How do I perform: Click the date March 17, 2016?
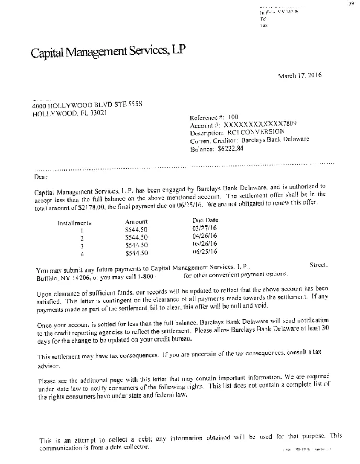(299, 75)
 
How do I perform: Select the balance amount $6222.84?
(232, 149)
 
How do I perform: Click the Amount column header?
(136, 222)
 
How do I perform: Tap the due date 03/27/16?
(205, 229)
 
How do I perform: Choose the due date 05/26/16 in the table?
(205, 244)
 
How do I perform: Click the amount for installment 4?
(137, 253)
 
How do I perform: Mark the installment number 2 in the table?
(82, 238)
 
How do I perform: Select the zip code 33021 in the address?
(98, 112)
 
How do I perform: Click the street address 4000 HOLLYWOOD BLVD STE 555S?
(87, 104)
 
